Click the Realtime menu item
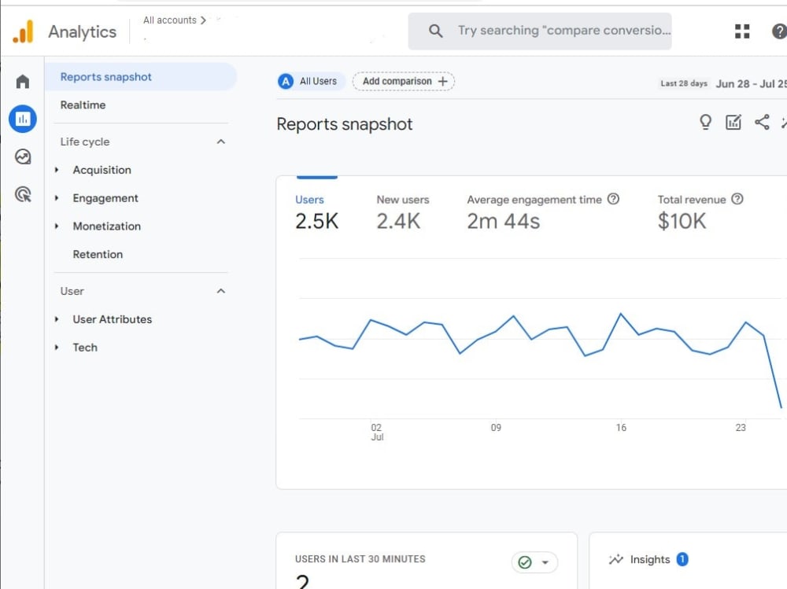tap(83, 105)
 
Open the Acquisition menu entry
tap(102, 170)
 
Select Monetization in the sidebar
tap(106, 226)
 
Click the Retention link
tap(98, 254)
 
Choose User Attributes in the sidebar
tap(112, 319)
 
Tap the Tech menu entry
tap(85, 348)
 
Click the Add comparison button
tap(404, 81)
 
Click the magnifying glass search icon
tap(436, 31)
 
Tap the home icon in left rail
tap(23, 81)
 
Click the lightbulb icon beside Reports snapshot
tap(705, 122)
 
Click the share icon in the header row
tap(762, 122)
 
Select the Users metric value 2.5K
tap(316, 221)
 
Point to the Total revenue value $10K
tap(682, 221)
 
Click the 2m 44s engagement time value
tap(504, 221)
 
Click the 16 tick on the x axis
tap(621, 428)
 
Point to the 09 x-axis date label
tap(496, 428)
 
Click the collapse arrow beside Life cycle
tap(221, 142)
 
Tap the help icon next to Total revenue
tap(737, 199)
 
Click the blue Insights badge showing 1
tap(682, 559)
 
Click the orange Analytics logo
tap(23, 31)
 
